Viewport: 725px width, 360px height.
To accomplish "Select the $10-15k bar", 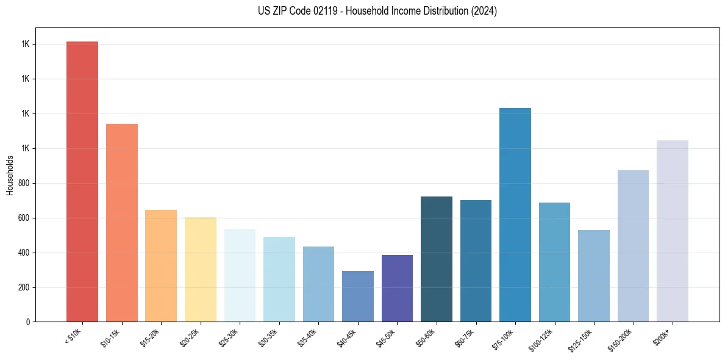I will click(x=122, y=223).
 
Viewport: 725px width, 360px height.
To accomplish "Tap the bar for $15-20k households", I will click(x=161, y=265).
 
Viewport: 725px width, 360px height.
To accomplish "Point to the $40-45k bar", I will click(x=358, y=296).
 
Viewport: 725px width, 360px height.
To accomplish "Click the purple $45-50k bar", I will click(x=397, y=288).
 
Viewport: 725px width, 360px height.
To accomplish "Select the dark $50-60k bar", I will click(x=437, y=259).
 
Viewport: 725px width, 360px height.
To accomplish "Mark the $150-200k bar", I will click(x=633, y=246).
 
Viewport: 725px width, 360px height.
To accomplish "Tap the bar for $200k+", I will click(x=673, y=231).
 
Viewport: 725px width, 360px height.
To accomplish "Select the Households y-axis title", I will click(x=10, y=175).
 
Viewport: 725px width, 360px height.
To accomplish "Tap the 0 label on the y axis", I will click(x=28, y=322).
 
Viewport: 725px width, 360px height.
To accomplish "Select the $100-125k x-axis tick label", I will click(x=543, y=339).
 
